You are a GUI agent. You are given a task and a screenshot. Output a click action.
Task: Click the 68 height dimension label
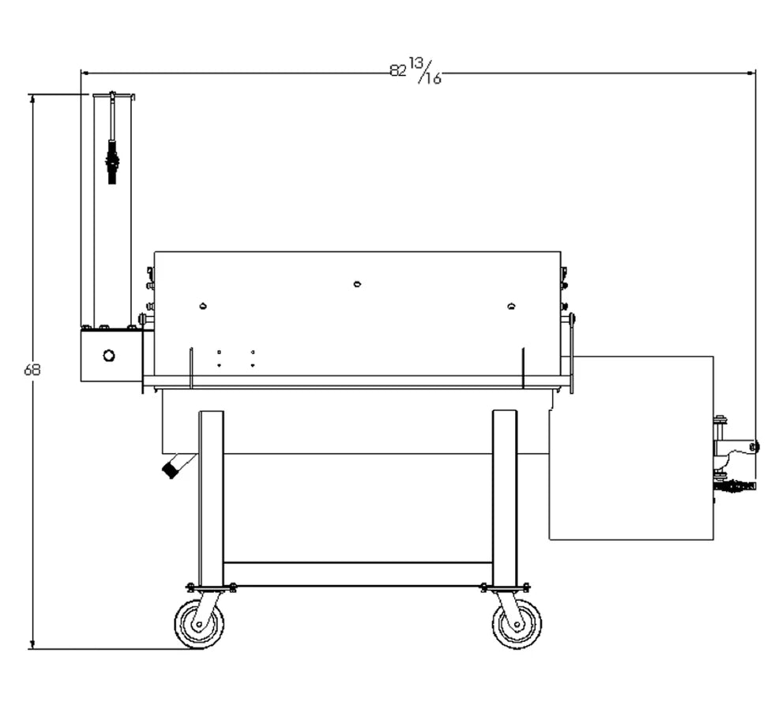coord(32,369)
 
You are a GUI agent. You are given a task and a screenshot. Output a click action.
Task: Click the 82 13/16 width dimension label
coord(415,71)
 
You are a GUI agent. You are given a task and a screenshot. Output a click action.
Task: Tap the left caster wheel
coord(198,623)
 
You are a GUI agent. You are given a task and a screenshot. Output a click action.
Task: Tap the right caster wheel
coord(517,623)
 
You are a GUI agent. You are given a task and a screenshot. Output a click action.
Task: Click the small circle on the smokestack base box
coord(109,356)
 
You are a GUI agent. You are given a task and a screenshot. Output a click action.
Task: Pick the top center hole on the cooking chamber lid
coord(357,284)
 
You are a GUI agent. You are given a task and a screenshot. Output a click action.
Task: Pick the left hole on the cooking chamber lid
coord(203,306)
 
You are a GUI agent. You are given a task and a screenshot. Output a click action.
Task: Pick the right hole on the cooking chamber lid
coord(511,306)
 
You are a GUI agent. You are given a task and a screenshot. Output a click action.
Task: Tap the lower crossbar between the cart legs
coord(358,573)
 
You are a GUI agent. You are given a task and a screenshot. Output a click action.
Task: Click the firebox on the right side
coord(632,447)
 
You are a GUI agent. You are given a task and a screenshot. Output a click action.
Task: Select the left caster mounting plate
coord(211,587)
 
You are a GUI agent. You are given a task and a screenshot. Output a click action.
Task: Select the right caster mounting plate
coord(505,587)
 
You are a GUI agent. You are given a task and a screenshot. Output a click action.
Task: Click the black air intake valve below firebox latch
coord(733,486)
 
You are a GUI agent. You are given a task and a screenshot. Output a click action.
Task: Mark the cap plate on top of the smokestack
coord(113,96)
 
